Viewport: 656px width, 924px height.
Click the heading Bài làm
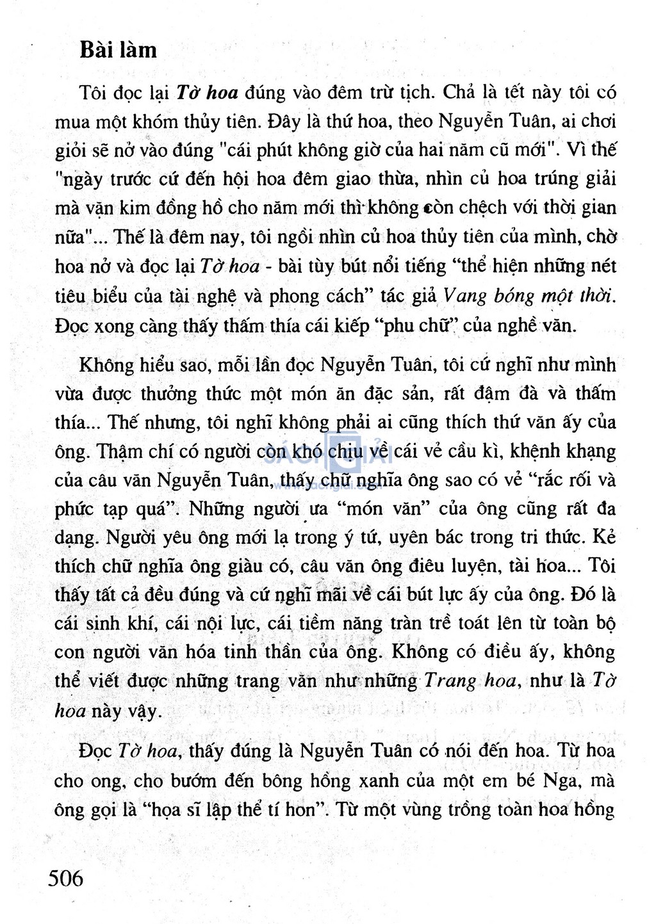pos(118,50)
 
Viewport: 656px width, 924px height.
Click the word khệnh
pos(527,451)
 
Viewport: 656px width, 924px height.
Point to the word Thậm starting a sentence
pos(122,451)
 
